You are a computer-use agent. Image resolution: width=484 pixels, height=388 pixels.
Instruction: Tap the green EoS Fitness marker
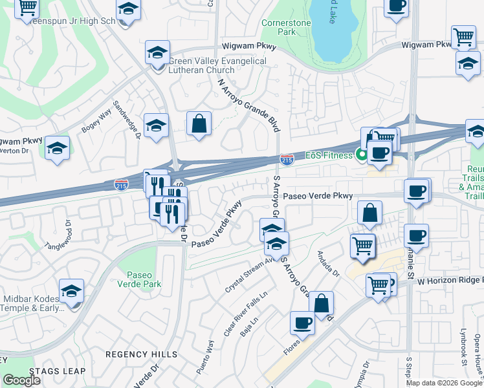click(x=360, y=155)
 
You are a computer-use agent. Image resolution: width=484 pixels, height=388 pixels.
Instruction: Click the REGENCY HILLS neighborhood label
click(x=141, y=354)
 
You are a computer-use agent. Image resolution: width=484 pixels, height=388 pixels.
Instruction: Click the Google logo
click(x=21, y=380)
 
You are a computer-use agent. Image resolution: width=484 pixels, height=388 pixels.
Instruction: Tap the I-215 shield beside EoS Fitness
click(x=287, y=158)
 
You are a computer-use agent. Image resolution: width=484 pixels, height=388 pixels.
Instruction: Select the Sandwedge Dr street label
click(x=127, y=119)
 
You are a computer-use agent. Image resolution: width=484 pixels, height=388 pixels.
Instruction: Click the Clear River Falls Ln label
click(x=236, y=318)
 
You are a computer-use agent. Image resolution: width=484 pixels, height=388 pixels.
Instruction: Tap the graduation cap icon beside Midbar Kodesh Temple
click(x=71, y=292)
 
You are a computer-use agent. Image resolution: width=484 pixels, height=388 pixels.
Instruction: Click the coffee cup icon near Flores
click(x=302, y=323)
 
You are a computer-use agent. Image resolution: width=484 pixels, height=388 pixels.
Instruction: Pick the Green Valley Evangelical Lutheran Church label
click(x=217, y=65)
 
